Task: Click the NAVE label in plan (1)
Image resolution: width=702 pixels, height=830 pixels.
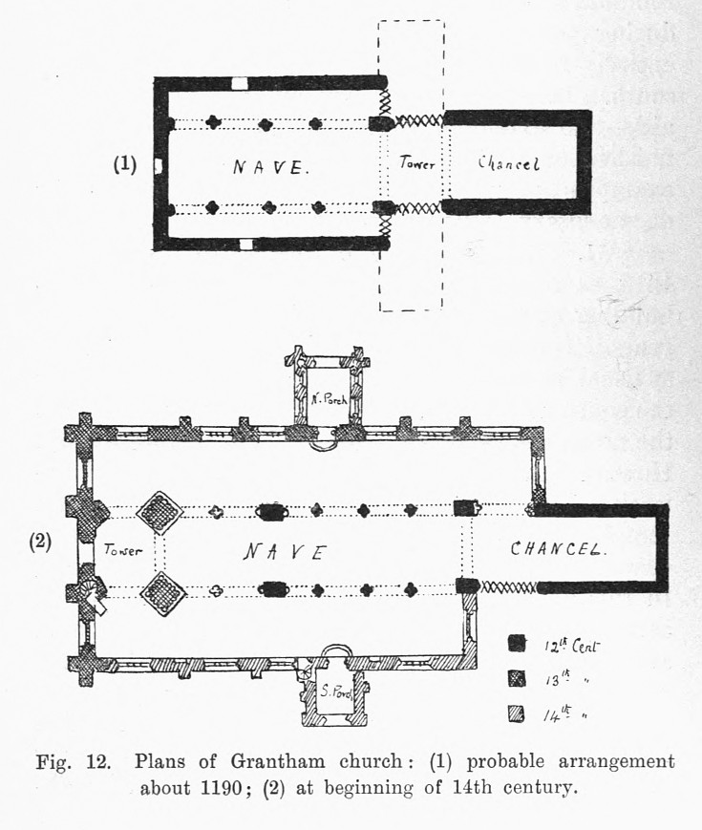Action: [271, 168]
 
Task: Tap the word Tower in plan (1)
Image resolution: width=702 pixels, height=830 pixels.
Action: [417, 164]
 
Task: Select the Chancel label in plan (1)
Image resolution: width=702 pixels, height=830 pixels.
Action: [509, 163]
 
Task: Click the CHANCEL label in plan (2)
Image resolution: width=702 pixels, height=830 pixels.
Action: [560, 549]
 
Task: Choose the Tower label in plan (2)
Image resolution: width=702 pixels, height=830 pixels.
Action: [122, 550]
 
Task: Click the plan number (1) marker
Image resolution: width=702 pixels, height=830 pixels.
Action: [125, 164]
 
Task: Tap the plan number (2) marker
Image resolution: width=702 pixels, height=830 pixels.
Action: [40, 542]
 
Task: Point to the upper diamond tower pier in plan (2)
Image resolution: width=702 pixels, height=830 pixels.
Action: [160, 512]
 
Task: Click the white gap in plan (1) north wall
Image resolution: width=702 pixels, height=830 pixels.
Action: [240, 83]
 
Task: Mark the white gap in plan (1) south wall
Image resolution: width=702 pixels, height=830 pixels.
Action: [247, 245]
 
